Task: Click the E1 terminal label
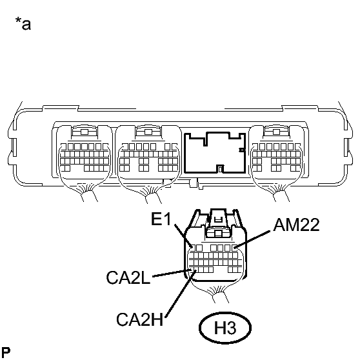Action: tap(161, 219)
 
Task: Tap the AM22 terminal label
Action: tap(296, 225)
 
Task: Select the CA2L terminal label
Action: tap(128, 277)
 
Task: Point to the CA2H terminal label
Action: tap(139, 319)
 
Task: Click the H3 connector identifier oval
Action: tap(225, 328)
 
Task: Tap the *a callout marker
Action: tap(23, 23)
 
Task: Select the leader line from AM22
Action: tap(252, 239)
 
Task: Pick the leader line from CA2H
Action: tap(181, 294)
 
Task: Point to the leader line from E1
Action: tap(183, 235)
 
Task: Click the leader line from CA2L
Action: tap(172, 273)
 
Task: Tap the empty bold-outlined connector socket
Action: tap(215, 152)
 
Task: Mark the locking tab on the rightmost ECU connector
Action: tap(276, 132)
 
